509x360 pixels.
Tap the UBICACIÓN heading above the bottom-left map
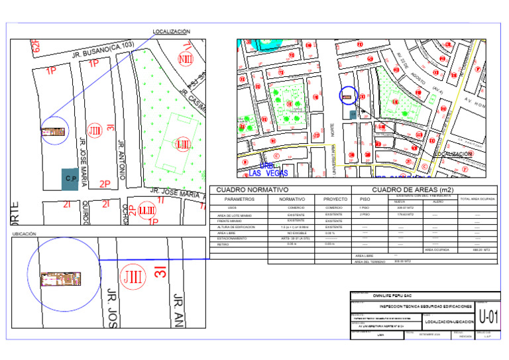(x=25, y=234)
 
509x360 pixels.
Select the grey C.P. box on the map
(x=72, y=178)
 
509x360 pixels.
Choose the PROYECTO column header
(x=333, y=199)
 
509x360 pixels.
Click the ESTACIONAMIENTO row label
(x=235, y=239)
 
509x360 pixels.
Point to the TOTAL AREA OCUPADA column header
(x=477, y=199)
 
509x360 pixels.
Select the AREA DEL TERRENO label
(x=368, y=261)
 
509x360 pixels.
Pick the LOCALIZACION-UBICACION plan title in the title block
(x=448, y=322)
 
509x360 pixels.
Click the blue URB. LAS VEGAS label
(x=264, y=170)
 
